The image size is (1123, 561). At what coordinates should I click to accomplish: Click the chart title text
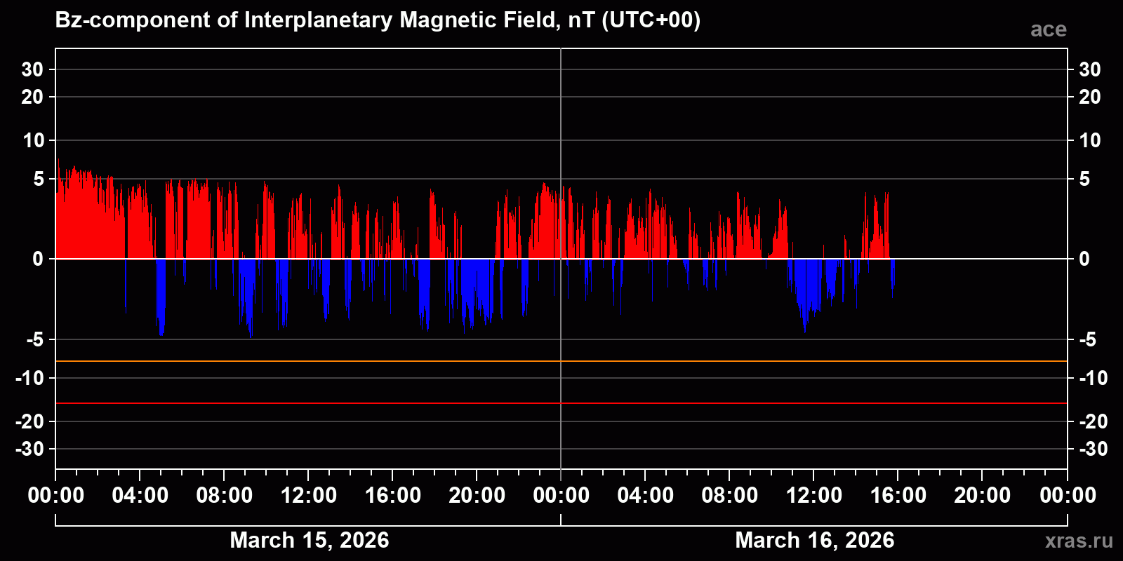pos(378,20)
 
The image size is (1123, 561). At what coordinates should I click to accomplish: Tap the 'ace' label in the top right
pos(1048,29)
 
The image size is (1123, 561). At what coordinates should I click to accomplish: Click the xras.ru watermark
pos(1079,540)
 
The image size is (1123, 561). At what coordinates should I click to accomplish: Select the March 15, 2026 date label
pos(309,540)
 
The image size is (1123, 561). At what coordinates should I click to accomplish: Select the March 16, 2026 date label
pos(814,540)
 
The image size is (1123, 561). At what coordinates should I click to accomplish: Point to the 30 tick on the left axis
pos(32,69)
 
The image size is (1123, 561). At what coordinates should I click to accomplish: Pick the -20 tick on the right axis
pos(1093,421)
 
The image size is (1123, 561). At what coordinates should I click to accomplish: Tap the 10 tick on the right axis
pos(1089,140)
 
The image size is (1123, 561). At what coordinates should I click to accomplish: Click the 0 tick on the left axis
pos(38,259)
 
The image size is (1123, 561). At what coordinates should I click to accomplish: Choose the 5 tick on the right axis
pos(1084,179)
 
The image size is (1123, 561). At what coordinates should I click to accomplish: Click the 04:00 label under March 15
pos(140,495)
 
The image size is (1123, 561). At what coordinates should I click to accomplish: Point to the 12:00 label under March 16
pos(813,495)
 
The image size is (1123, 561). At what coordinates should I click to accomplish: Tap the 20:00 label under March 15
pos(477,495)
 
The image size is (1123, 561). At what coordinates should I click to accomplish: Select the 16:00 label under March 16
pos(898,495)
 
